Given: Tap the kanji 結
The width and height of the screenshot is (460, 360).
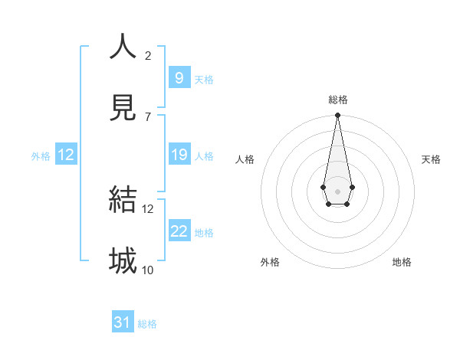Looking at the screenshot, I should [x=123, y=199].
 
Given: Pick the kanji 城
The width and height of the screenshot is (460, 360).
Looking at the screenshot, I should [x=123, y=260].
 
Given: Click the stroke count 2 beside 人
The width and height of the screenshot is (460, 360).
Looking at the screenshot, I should [x=148, y=55].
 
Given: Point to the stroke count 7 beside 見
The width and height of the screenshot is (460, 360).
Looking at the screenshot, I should [x=148, y=116].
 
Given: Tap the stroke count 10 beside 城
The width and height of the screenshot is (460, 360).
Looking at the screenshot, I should [x=148, y=270].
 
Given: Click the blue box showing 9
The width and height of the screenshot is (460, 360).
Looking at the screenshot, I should [x=179, y=78].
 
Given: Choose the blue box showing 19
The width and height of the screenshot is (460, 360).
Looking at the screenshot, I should [x=179, y=155].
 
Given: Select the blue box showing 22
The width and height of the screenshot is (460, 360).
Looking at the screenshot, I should [x=179, y=231].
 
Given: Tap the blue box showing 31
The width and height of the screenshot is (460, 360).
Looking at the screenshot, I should [x=123, y=322].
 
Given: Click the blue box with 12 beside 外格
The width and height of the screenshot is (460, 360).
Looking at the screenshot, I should [x=66, y=155].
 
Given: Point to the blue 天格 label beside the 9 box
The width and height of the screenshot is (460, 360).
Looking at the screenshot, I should [x=204, y=80].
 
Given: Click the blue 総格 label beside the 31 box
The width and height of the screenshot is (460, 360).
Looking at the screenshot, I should [x=147, y=324].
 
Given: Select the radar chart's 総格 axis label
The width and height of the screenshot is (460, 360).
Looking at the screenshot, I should [x=338, y=100].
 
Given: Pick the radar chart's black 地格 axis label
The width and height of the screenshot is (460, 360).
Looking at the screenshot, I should [x=402, y=262].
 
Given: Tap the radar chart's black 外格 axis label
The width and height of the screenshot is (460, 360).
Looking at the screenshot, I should [x=270, y=262].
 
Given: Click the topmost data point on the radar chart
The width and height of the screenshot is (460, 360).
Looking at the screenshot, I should [x=337, y=115].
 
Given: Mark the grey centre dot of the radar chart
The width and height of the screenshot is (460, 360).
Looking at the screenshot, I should [x=337, y=190].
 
